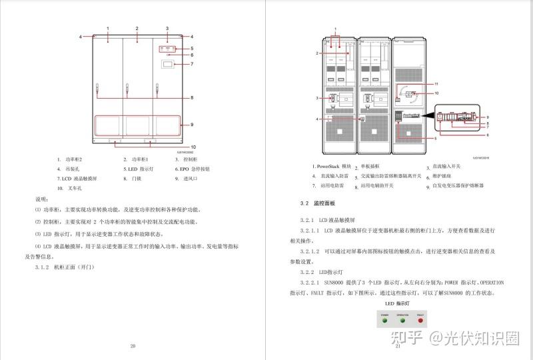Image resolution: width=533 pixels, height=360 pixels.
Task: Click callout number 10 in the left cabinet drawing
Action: (193, 146)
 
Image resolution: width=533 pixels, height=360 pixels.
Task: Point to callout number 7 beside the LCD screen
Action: (192, 64)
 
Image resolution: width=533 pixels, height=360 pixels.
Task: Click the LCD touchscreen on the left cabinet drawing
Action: (168, 65)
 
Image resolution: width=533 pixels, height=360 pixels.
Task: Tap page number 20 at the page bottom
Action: (133, 345)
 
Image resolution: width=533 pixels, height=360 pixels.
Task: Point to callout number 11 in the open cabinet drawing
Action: (436, 84)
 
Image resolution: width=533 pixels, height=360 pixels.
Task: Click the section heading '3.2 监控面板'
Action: (318, 202)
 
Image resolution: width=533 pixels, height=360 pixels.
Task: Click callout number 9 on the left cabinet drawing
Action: (192, 125)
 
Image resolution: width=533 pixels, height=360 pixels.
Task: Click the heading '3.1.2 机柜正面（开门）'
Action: (66, 267)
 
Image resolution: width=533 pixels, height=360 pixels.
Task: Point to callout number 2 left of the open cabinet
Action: (318, 52)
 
